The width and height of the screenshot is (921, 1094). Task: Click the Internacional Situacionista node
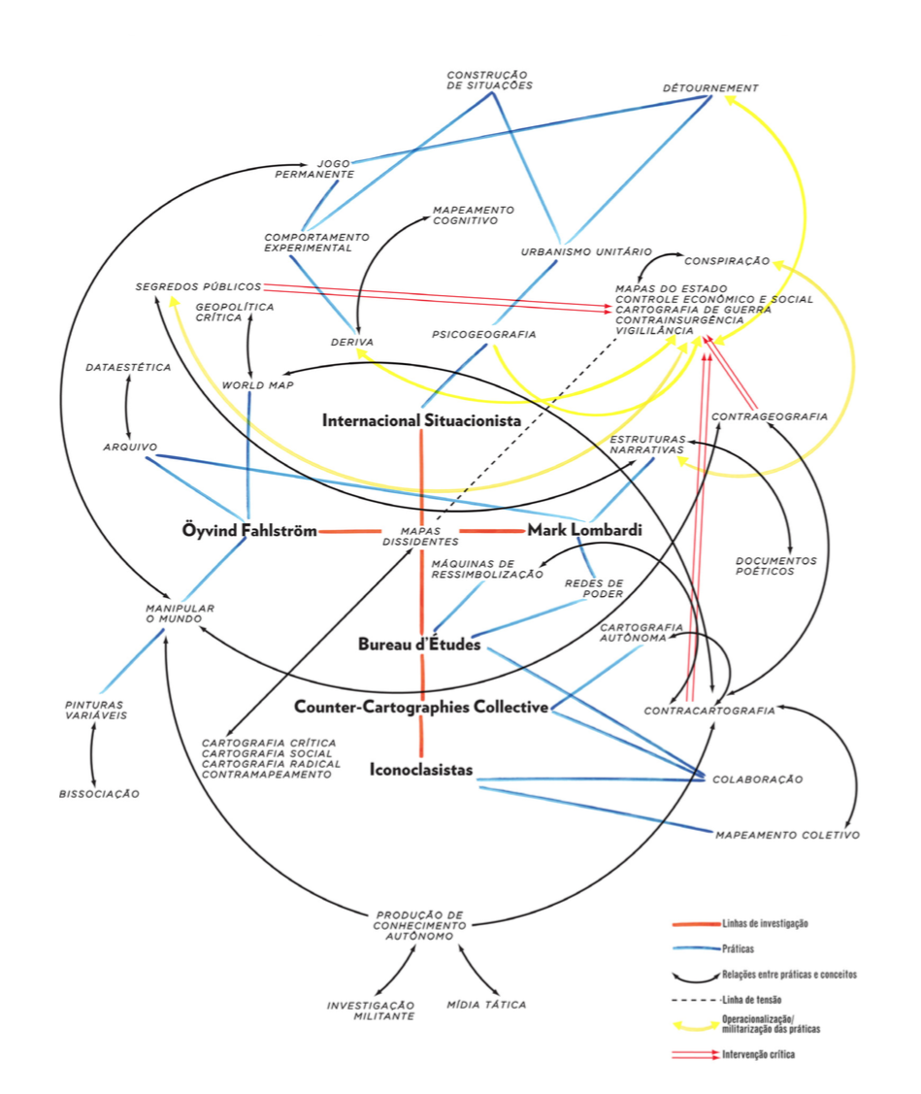click(x=421, y=420)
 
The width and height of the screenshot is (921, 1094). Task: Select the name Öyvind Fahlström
click(x=249, y=531)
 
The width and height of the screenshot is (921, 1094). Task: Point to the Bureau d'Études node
click(x=419, y=644)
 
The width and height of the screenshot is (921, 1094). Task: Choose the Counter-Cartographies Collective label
click(x=421, y=707)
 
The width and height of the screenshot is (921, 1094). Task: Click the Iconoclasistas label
click(x=421, y=770)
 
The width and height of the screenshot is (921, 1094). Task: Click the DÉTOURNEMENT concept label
click(x=710, y=88)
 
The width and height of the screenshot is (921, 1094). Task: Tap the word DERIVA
click(x=351, y=342)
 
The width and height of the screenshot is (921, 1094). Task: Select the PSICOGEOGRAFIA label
click(x=483, y=335)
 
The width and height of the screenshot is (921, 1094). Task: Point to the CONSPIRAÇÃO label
click(x=727, y=261)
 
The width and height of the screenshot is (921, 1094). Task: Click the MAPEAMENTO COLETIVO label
click(x=787, y=835)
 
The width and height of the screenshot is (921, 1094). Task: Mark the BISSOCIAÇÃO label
click(x=99, y=794)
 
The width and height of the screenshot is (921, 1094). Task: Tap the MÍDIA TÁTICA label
click(x=487, y=1005)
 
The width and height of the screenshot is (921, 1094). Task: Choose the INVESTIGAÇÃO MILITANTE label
click(x=371, y=1010)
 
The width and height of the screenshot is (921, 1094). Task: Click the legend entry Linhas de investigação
click(x=765, y=923)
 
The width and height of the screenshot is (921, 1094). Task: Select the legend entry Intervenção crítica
click(x=758, y=1054)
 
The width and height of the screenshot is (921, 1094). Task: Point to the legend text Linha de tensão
click(x=753, y=999)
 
